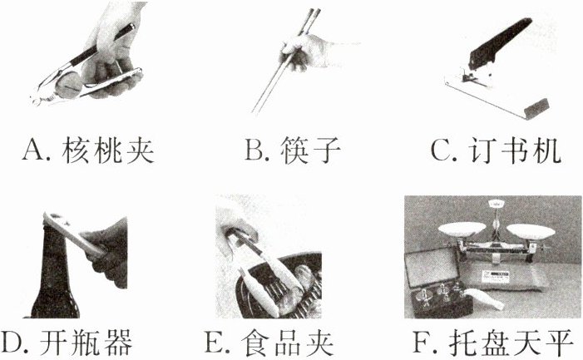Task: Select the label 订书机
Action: (515, 150)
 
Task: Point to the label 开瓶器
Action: (86, 343)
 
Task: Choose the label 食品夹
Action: (287, 343)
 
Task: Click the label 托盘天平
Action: (511, 343)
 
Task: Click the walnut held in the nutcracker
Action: (68, 85)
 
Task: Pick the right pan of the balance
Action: (531, 230)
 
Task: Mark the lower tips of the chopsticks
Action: (255, 111)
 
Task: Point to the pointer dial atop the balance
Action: (496, 204)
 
